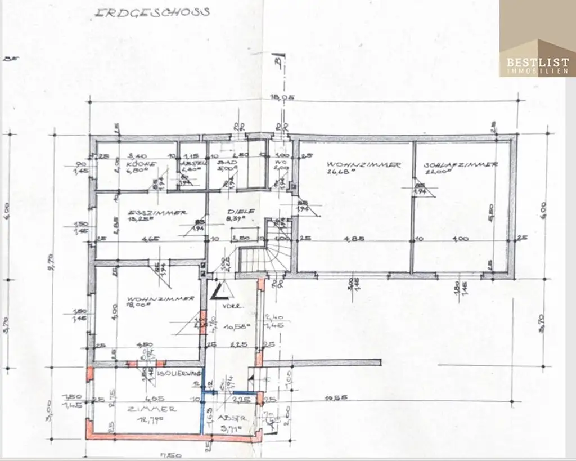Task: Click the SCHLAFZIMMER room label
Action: [x=461, y=165]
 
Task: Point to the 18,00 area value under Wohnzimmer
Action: [x=138, y=306]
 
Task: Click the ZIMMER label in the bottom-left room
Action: [x=144, y=409]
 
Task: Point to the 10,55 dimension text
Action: [x=337, y=398]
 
